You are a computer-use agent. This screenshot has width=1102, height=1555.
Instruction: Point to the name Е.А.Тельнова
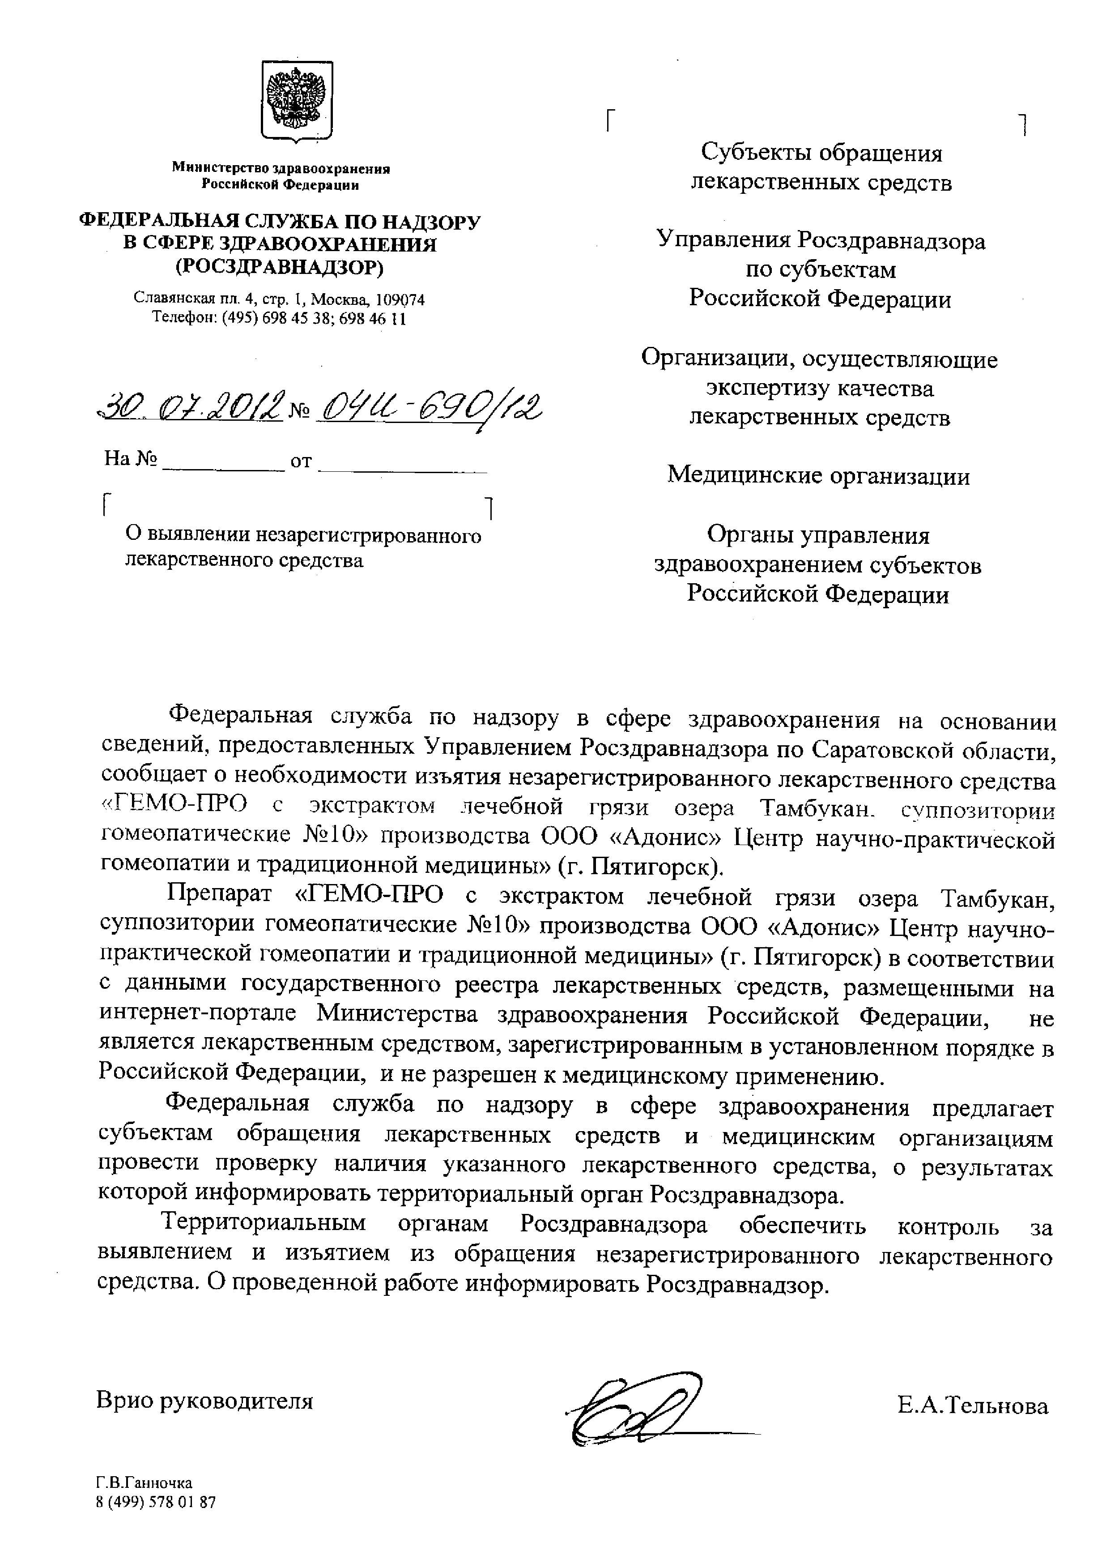coord(972,1405)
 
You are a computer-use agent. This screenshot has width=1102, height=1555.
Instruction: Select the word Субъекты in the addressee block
coord(757,153)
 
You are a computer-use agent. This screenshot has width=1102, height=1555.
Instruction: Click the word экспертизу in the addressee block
coord(769,388)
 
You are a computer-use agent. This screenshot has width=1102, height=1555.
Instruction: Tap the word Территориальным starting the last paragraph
coord(264,1224)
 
